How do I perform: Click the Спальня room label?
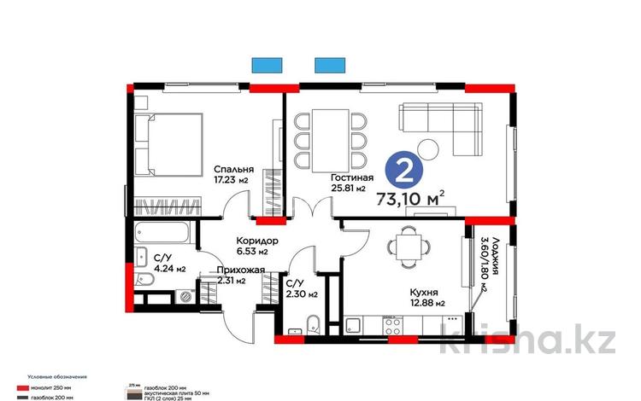(x=209, y=169)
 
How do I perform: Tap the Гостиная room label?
(x=348, y=177)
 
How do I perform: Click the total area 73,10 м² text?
(x=414, y=200)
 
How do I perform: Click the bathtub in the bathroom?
(x=164, y=230)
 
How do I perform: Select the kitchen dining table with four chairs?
(x=408, y=248)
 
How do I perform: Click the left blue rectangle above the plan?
(x=266, y=64)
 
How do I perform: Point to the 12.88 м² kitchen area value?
(x=426, y=304)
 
